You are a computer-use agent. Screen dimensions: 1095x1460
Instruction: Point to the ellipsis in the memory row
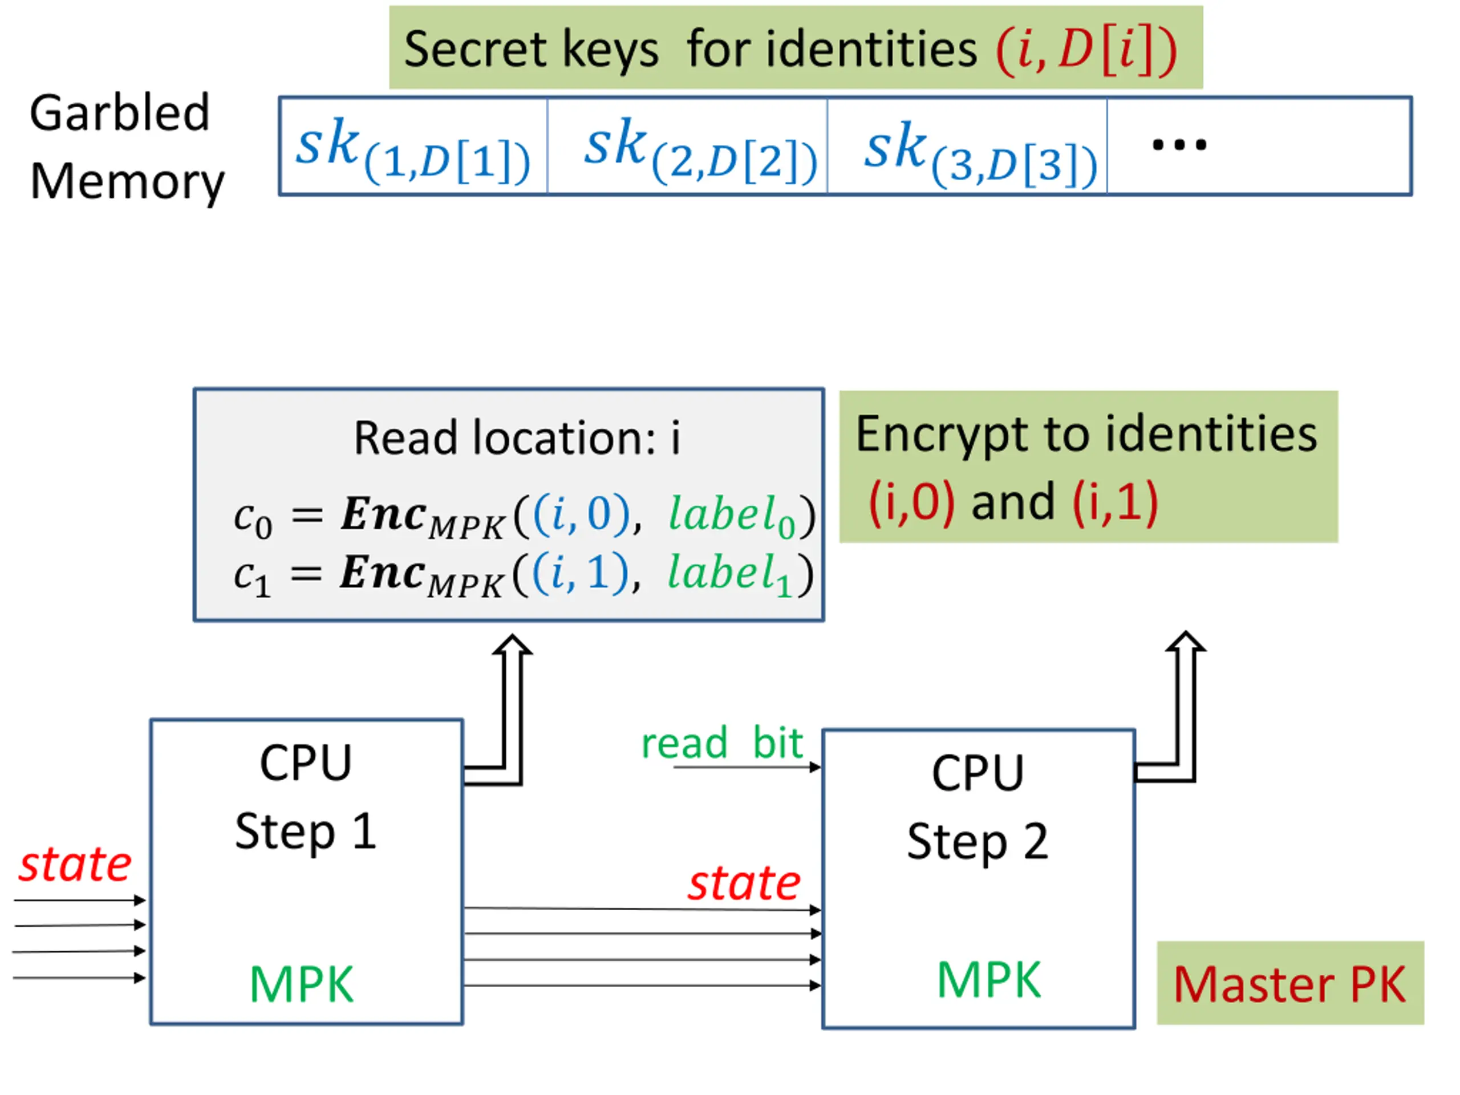tap(1179, 144)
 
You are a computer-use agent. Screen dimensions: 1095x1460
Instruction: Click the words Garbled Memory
tap(125, 147)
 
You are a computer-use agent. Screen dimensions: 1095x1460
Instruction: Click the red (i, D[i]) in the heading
tap(1086, 50)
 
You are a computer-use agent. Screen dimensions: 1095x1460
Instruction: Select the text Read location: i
tap(517, 437)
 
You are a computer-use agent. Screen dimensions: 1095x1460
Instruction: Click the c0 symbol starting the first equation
tap(252, 520)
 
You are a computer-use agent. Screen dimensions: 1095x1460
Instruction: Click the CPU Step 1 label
tap(306, 797)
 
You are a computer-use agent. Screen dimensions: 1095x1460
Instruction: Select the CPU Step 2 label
tap(978, 806)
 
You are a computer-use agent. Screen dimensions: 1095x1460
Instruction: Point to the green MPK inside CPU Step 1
tap(302, 985)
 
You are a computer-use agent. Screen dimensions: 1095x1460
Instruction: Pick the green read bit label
tap(722, 743)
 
